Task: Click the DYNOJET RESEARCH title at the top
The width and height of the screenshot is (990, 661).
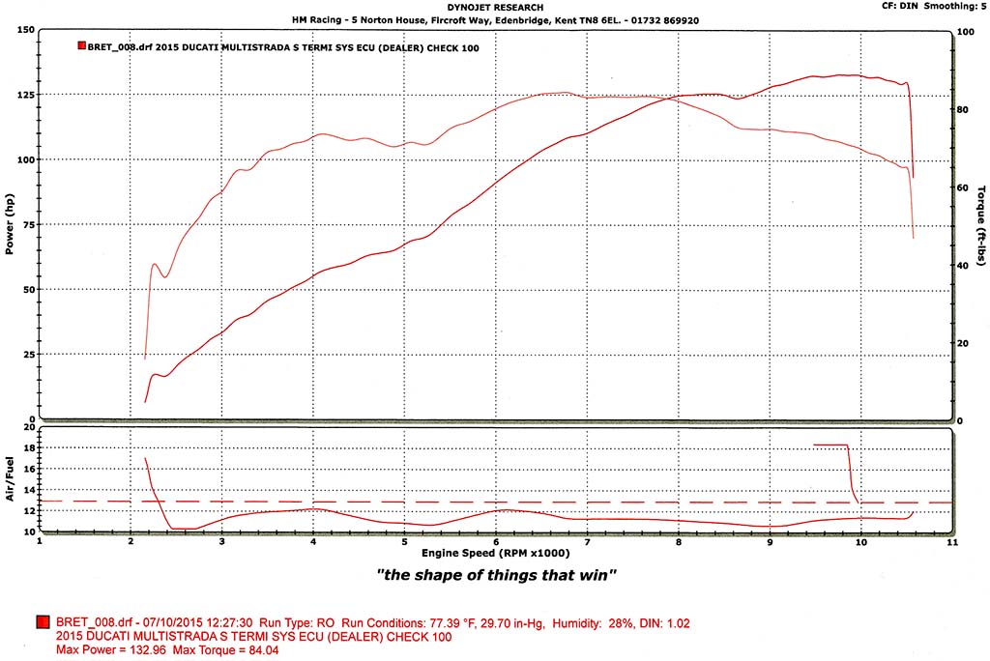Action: click(x=496, y=8)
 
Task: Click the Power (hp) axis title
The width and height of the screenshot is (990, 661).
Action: click(x=9, y=225)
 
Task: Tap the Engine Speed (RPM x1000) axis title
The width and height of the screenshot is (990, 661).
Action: click(x=495, y=554)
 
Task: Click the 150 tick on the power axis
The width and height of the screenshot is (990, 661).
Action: click(x=26, y=29)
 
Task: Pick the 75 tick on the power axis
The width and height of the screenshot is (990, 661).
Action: click(x=29, y=224)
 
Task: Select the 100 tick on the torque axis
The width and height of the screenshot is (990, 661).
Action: click(x=964, y=32)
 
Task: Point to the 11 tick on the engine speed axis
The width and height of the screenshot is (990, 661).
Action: click(x=952, y=542)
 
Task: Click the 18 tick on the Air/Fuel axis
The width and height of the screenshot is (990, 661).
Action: click(x=29, y=447)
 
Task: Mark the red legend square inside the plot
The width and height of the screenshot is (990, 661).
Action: click(x=80, y=45)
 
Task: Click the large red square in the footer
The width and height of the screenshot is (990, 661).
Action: click(x=44, y=623)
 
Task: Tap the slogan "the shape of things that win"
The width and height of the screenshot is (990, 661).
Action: click(x=496, y=576)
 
